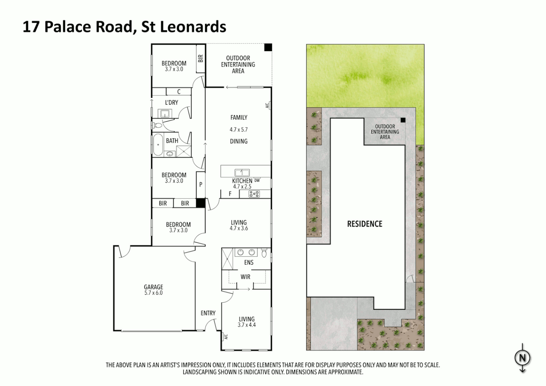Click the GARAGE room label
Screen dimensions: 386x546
[x=153, y=287]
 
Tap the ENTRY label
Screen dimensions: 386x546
[x=208, y=313]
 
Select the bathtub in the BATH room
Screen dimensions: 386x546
[x=158, y=145]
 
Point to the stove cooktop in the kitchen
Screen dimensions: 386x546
[x=254, y=194]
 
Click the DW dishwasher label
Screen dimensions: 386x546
[x=257, y=180]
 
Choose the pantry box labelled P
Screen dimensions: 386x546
[x=201, y=185]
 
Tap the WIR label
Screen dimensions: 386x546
[x=245, y=277]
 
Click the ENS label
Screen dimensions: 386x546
[x=249, y=262]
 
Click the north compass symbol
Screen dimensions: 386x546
[x=522, y=357]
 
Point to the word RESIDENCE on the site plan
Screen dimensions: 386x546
[x=364, y=224]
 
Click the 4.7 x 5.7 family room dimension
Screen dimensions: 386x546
[x=238, y=130]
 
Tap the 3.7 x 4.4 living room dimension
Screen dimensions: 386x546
[x=247, y=325]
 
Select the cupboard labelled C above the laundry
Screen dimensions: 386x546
[x=179, y=92]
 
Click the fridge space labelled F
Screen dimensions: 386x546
[x=230, y=194]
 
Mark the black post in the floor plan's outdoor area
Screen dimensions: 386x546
[x=268, y=47]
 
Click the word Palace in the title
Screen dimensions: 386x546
[x=70, y=27]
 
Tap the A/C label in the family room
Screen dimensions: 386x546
[x=267, y=105]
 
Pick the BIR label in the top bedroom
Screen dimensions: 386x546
[x=201, y=58]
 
